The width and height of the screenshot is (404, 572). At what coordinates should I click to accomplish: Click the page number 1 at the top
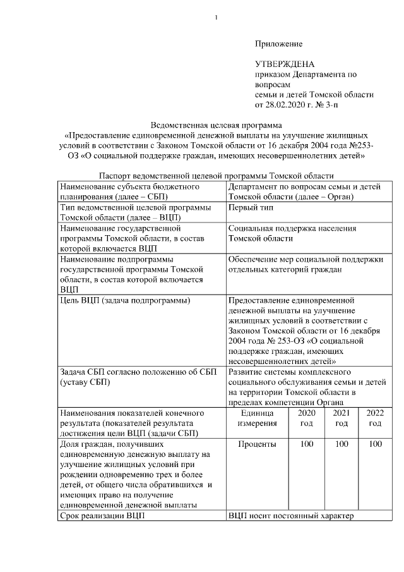click(216, 16)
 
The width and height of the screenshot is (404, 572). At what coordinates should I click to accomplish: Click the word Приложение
click(278, 44)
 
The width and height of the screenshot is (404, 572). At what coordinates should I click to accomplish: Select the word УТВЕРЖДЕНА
click(284, 64)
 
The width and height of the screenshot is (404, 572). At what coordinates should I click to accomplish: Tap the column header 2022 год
click(375, 418)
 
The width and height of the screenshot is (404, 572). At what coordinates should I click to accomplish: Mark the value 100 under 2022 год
click(375, 444)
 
